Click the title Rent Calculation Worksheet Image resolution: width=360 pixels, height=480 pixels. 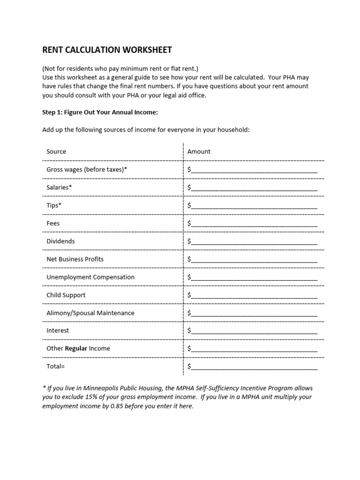tap(107, 50)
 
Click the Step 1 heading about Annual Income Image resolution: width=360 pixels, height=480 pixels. tap(100, 112)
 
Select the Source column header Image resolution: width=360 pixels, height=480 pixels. tap(56, 151)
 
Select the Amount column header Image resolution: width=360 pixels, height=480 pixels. tap(199, 151)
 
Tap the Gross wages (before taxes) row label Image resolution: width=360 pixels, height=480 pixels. tap(87, 169)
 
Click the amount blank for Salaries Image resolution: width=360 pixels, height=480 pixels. tap(253, 187)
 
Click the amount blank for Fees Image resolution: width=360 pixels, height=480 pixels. tap(253, 224)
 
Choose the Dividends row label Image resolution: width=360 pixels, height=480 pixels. tap(60, 241)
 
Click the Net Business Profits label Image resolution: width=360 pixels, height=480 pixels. tap(75, 259)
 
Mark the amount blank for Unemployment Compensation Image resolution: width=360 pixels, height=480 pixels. tap(253, 277)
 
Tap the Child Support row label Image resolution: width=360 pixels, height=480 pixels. tap(66, 295)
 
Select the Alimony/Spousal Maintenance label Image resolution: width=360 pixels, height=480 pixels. tap(90, 313)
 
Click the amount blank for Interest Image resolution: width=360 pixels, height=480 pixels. tap(253, 331)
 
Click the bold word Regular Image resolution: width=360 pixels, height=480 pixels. tap(76, 348)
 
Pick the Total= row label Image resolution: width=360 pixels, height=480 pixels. tap(55, 366)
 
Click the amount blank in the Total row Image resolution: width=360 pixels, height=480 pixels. tap(253, 367)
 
